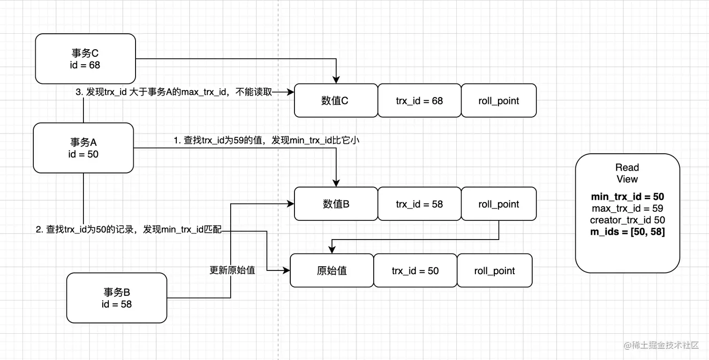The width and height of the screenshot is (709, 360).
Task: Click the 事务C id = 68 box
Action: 85,59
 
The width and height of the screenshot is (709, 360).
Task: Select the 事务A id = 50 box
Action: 83,148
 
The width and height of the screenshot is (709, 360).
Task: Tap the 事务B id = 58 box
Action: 116,298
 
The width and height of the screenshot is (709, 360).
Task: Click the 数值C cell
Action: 335,100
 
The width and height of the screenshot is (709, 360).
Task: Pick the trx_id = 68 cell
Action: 419,100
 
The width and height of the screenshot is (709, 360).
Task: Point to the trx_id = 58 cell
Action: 419,204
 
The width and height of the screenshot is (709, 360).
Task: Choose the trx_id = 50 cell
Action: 415,270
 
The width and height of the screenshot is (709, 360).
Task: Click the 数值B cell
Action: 335,204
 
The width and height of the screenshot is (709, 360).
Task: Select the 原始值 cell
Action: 332,270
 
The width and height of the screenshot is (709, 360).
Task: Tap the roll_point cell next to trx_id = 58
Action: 498,204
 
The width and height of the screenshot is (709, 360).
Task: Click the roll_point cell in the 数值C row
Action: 498,100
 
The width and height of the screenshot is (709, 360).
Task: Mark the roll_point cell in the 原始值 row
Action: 494,270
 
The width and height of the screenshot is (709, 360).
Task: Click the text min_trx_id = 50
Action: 627,197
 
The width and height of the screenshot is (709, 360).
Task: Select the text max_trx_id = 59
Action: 627,208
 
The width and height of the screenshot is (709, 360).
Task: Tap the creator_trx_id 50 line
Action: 627,220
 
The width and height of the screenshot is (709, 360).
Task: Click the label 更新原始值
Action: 232,270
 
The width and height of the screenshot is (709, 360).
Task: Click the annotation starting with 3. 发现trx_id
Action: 173,92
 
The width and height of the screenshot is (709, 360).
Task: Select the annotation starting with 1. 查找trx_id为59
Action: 266,140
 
